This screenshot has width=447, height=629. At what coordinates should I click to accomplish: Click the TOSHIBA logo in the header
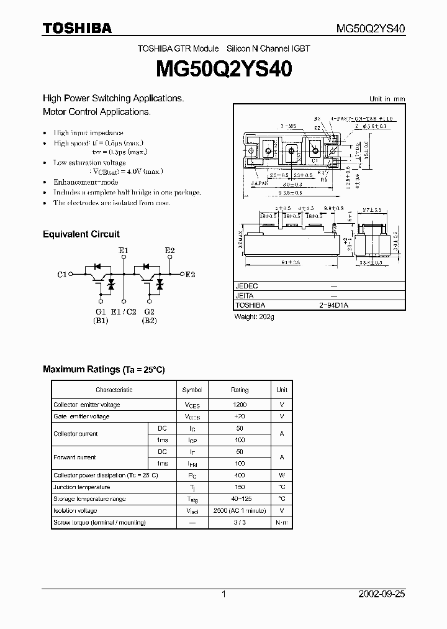[x=77, y=28]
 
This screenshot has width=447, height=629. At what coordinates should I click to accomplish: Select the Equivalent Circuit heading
[x=81, y=234]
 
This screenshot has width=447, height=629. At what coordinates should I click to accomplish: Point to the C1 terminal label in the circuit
[x=61, y=274]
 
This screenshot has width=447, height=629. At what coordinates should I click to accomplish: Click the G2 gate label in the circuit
[x=149, y=311]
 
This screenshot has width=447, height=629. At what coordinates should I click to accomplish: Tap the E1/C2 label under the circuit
[x=122, y=311]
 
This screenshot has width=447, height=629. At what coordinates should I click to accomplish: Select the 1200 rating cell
[x=240, y=405]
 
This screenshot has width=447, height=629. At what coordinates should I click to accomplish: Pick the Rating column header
[x=240, y=390]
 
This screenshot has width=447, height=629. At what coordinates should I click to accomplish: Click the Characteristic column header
[x=114, y=390]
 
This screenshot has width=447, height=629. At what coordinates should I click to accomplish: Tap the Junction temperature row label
[x=81, y=487]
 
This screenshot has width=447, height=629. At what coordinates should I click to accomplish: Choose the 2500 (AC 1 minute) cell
[x=240, y=511]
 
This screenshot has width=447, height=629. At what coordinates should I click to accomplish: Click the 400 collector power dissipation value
[x=240, y=475]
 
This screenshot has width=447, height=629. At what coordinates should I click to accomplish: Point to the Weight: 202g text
[x=254, y=316]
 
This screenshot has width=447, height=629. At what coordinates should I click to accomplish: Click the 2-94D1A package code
[x=333, y=305]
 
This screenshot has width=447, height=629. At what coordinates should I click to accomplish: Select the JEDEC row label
[x=246, y=286]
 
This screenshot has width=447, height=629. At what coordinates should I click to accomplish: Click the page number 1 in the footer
[x=223, y=594]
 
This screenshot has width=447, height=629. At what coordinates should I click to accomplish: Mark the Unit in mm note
[x=387, y=99]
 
